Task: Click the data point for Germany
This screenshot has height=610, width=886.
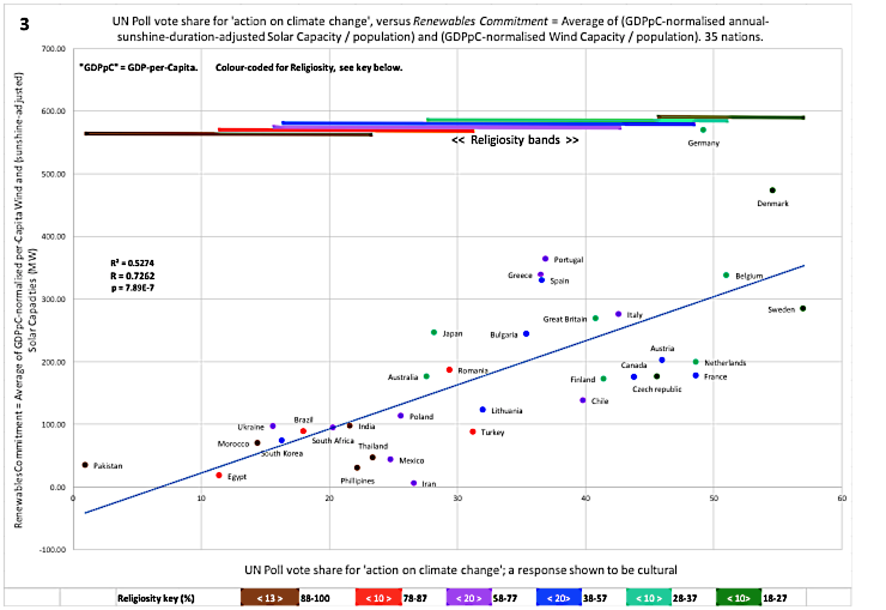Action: click(x=703, y=130)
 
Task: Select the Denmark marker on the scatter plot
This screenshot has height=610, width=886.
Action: click(x=772, y=191)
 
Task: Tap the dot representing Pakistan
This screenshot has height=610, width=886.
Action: click(x=85, y=465)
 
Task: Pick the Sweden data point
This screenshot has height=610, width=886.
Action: click(x=803, y=309)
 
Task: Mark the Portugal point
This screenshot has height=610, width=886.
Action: click(x=545, y=259)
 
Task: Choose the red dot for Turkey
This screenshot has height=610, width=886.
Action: click(x=473, y=431)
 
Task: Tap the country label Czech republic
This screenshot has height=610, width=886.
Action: click(x=657, y=389)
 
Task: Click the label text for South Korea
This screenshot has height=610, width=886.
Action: click(x=282, y=454)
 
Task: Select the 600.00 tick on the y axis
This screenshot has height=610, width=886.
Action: click(x=54, y=111)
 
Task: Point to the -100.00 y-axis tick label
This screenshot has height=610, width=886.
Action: click(x=53, y=549)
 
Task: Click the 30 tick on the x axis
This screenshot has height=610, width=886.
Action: click(x=457, y=499)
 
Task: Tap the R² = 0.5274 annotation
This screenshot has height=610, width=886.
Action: click(x=132, y=263)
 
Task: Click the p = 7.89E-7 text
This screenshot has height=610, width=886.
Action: click(x=132, y=288)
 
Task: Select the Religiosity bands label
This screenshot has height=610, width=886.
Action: click(x=515, y=140)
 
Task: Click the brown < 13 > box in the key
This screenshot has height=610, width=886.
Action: click(x=269, y=598)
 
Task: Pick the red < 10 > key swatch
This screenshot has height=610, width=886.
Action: click(x=378, y=598)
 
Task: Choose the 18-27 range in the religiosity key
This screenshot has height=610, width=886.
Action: click(x=775, y=598)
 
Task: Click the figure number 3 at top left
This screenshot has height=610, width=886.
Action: click(x=24, y=24)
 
